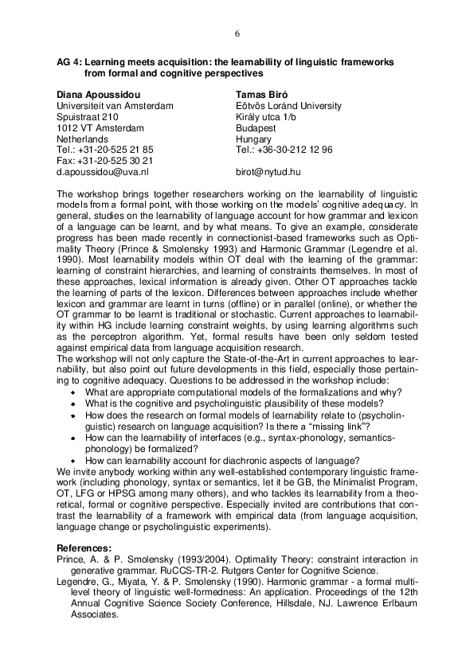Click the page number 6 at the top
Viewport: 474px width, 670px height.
tap(237, 33)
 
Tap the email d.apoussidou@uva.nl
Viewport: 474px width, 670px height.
tap(102, 171)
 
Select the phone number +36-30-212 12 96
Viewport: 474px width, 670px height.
tap(284, 150)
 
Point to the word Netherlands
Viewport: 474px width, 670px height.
tap(82, 138)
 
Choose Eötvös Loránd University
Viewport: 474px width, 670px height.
tap(288, 105)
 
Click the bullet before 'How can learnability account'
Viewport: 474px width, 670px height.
tap(72, 461)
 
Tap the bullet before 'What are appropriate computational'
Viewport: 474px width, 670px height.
tap(72, 393)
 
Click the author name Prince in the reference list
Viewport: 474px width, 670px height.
tap(70, 559)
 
